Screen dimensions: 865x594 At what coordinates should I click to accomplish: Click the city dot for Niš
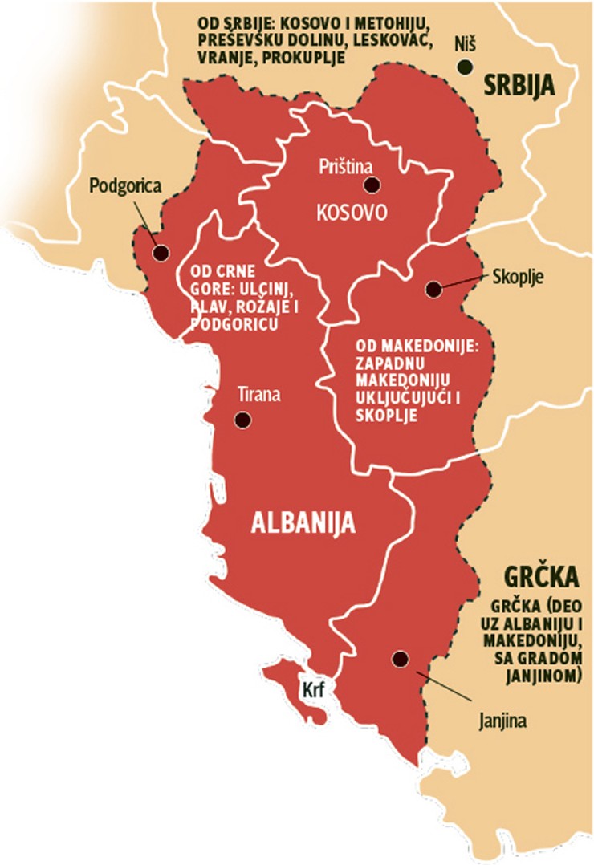pyautogui.click(x=465, y=67)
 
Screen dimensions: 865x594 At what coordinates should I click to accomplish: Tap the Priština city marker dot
pyautogui.click(x=371, y=185)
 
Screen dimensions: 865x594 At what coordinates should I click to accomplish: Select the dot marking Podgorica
pyautogui.click(x=161, y=253)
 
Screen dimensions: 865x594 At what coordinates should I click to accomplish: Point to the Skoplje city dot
pyautogui.click(x=433, y=289)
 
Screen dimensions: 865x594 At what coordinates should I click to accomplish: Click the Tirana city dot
pyautogui.click(x=242, y=420)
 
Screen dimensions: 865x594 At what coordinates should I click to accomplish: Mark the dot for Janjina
pyautogui.click(x=399, y=659)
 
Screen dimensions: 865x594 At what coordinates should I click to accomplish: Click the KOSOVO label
pyautogui.click(x=352, y=213)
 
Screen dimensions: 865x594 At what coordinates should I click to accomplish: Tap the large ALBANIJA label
pyautogui.click(x=303, y=522)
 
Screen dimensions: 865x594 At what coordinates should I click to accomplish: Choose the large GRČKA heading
pyautogui.click(x=542, y=577)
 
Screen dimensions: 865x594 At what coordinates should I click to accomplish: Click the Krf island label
pyautogui.click(x=311, y=688)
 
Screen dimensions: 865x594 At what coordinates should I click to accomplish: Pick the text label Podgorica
pyautogui.click(x=125, y=186)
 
